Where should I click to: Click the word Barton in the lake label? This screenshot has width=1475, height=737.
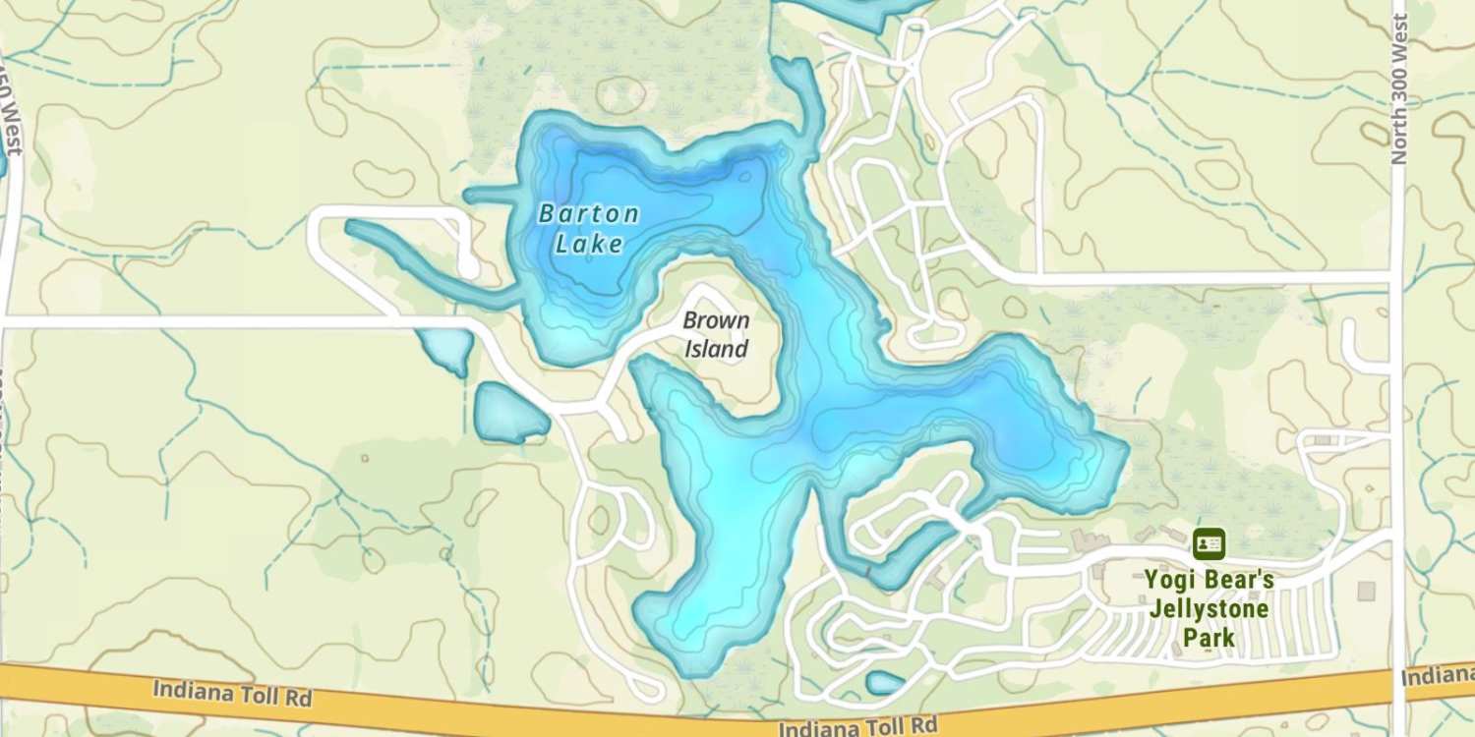(x=589, y=213)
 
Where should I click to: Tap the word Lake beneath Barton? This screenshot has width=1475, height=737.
(x=589, y=243)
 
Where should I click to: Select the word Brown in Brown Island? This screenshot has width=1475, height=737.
(x=716, y=320)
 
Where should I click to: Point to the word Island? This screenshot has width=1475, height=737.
(x=716, y=349)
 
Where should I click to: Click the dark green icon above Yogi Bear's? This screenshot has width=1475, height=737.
(x=1209, y=543)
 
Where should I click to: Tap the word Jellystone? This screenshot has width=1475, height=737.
(x=1209, y=609)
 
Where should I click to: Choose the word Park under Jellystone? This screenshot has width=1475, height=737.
(x=1209, y=639)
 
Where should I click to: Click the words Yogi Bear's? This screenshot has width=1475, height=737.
(x=1209, y=580)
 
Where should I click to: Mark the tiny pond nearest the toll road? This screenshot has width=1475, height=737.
(x=885, y=682)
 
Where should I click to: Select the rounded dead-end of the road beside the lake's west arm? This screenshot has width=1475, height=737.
(x=468, y=266)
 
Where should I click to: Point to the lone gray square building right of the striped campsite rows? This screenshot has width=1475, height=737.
(x=1366, y=591)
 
